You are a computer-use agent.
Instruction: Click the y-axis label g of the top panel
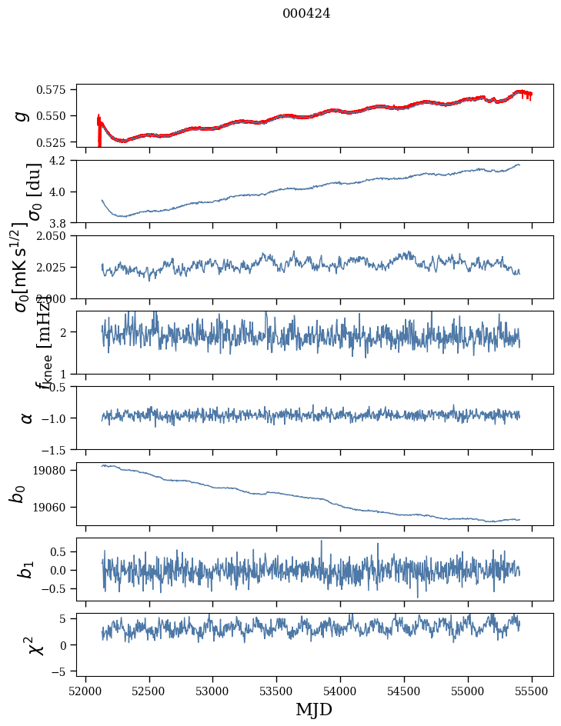point(23,115)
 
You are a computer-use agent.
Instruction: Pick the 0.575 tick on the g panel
point(57,90)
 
